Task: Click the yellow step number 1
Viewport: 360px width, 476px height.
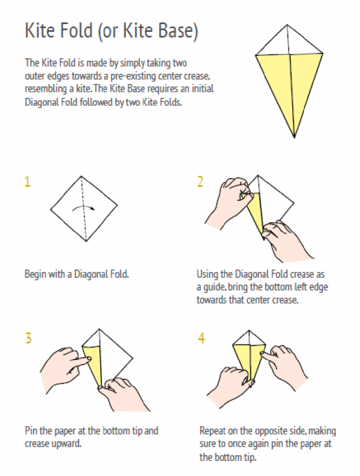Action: (28, 181)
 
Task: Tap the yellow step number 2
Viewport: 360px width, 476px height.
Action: (200, 181)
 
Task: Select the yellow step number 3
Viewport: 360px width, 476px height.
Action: (28, 338)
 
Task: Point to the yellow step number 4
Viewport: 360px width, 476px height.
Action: (201, 338)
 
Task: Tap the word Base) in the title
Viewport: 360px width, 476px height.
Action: (179, 31)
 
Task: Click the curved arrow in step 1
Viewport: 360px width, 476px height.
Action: (83, 208)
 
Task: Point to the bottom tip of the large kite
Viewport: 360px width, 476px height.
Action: (294, 137)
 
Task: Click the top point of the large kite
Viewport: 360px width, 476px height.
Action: (287, 25)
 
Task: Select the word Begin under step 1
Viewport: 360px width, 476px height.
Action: (35, 274)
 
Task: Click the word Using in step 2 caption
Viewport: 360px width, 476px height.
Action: (208, 274)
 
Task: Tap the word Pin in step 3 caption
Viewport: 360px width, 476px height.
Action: (31, 430)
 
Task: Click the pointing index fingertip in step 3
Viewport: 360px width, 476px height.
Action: (89, 359)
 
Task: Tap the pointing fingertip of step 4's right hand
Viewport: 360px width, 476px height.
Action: (263, 354)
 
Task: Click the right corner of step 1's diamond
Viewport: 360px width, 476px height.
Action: (117, 205)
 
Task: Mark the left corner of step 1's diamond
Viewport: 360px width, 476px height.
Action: (50, 209)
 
